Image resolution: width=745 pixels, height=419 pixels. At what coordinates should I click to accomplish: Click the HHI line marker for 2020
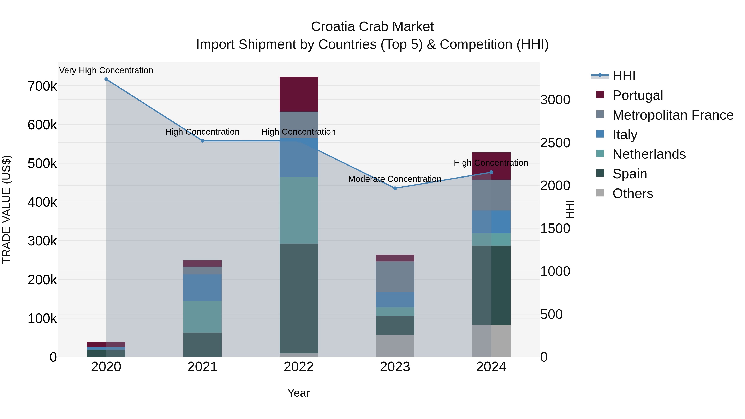click(x=106, y=79)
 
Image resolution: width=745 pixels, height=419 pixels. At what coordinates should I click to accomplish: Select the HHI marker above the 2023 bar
click(x=395, y=188)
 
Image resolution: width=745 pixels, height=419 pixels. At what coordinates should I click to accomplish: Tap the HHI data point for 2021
click(x=202, y=141)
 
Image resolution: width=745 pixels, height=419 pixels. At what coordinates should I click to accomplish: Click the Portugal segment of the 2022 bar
click(x=299, y=94)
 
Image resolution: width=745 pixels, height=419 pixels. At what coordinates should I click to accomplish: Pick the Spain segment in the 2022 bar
click(x=299, y=298)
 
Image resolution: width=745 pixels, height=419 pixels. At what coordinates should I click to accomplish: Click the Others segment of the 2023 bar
click(x=395, y=346)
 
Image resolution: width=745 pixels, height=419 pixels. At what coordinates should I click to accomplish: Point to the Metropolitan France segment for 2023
click(x=395, y=276)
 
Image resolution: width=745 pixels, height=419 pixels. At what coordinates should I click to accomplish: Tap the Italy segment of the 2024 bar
click(x=491, y=222)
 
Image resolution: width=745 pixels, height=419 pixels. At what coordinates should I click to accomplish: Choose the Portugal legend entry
click(x=637, y=95)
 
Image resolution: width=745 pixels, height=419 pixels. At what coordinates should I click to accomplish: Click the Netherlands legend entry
click(x=649, y=154)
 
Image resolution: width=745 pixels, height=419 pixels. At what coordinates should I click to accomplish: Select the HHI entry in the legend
click(x=624, y=76)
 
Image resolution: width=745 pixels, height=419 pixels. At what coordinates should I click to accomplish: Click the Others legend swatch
click(x=600, y=193)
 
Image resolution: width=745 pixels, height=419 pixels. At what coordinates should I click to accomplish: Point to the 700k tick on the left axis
click(x=42, y=86)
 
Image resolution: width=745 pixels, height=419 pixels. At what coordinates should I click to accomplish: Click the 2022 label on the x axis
click(x=299, y=367)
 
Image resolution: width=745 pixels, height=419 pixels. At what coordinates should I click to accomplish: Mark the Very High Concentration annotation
click(x=106, y=71)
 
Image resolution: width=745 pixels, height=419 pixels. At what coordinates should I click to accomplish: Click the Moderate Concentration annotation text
click(x=395, y=179)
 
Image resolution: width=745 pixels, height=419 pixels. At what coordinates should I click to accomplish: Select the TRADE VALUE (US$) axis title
click(x=6, y=209)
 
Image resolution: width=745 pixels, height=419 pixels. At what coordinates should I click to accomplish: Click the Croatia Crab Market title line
click(x=372, y=27)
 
